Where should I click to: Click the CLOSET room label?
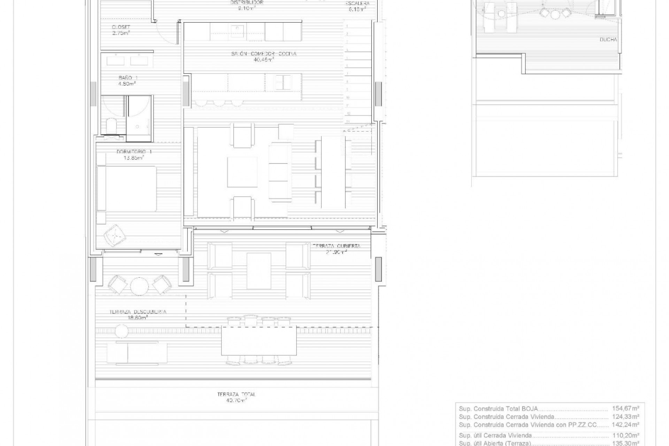121,27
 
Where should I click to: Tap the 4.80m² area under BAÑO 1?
127,84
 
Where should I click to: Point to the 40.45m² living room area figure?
264,59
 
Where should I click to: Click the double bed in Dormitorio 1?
127,189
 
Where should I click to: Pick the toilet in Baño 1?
111,126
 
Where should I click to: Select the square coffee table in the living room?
243,172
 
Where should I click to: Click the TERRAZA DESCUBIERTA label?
138,312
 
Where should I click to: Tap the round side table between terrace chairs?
139,285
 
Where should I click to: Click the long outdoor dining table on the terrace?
259,340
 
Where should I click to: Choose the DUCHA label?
608,40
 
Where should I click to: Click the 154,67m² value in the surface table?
625,408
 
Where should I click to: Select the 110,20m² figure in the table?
625,435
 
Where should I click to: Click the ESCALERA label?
357,3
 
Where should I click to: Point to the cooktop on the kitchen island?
282,82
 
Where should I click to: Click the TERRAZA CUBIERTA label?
336,246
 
